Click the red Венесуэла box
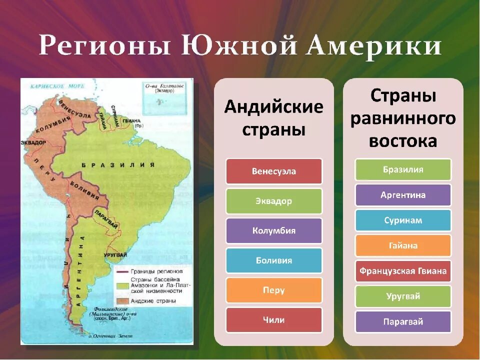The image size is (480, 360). [274, 171]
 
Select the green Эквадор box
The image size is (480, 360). [274, 201]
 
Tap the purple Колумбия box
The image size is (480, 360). [274, 231]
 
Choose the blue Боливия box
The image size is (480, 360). [274, 260]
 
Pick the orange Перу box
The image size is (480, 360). [274, 290]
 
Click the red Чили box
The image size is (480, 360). [274, 320]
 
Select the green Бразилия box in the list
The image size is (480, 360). [403, 169]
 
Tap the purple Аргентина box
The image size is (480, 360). [403, 195]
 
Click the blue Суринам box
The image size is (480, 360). [403, 220]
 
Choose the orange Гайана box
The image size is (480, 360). [403, 245]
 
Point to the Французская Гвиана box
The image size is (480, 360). [403, 271]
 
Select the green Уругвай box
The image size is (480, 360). [403, 296]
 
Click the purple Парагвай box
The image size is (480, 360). [403, 322]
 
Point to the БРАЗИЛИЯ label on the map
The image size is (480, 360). [117, 164]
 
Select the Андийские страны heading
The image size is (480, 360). [274, 118]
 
